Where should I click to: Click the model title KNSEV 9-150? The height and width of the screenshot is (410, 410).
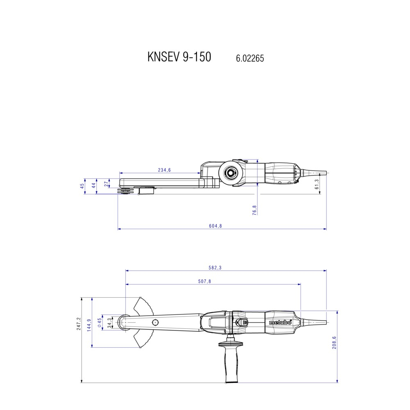point(180,57)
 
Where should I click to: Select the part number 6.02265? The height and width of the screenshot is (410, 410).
point(250,58)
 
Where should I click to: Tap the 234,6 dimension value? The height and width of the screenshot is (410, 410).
point(164,170)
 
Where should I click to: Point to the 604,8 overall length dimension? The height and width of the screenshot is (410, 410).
point(216,226)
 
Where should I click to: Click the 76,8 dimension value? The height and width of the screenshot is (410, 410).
point(255,210)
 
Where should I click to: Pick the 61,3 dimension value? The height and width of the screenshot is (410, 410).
point(317,184)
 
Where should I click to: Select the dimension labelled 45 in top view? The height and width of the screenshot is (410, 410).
point(82,186)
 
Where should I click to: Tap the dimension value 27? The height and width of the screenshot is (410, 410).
point(106,184)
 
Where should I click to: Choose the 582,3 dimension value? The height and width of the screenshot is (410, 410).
point(215,268)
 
